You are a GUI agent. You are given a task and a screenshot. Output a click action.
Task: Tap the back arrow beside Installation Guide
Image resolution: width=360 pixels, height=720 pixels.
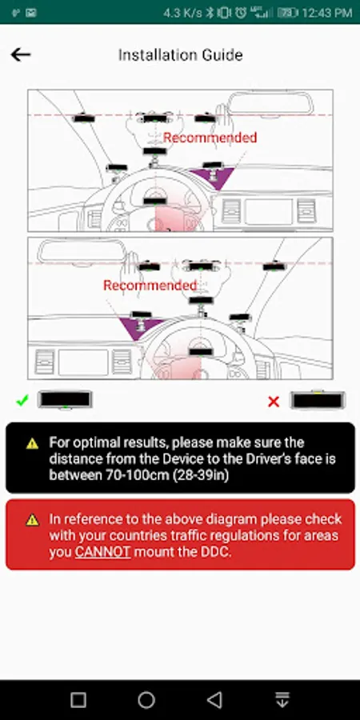coord(21,55)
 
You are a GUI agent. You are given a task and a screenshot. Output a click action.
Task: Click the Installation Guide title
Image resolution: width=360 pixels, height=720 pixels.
coord(181,55)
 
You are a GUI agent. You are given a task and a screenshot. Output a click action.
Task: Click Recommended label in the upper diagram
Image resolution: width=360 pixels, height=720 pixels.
coord(210,138)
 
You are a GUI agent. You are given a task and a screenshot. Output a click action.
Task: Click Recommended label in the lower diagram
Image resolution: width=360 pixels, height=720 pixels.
coord(150,285)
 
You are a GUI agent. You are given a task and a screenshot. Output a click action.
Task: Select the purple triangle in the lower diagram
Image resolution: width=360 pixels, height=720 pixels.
coord(138,326)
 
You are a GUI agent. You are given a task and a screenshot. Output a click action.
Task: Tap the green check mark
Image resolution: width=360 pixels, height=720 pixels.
coord(22,401)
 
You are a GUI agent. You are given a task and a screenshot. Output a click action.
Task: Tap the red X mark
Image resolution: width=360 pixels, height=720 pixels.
coord(274,402)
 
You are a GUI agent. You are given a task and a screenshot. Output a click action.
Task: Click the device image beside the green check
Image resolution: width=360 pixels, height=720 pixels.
coord(66,399)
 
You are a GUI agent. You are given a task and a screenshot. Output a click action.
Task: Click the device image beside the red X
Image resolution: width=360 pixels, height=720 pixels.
coord(318,400)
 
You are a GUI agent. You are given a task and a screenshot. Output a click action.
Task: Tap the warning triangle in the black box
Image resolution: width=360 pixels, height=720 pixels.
coord(32,443)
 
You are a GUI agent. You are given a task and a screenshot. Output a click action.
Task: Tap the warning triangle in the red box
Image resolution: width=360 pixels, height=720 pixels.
coord(32,520)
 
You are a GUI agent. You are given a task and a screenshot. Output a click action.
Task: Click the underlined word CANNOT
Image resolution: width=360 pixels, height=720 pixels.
coord(103,552)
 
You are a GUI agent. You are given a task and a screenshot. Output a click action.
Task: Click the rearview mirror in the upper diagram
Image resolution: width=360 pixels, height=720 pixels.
coord(271,104)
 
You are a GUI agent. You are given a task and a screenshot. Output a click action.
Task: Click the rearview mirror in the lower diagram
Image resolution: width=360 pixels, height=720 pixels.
coord(82,252)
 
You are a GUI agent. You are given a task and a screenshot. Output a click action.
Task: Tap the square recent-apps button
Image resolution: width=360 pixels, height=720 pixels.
coord(78,700)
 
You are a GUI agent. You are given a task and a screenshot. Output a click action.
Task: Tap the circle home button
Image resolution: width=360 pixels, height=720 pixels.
coord(146,700)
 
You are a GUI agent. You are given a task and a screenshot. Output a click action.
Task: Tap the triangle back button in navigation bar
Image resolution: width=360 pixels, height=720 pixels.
coord(214,700)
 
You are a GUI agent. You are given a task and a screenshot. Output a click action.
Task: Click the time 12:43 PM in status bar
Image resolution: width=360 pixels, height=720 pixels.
coord(326,13)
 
